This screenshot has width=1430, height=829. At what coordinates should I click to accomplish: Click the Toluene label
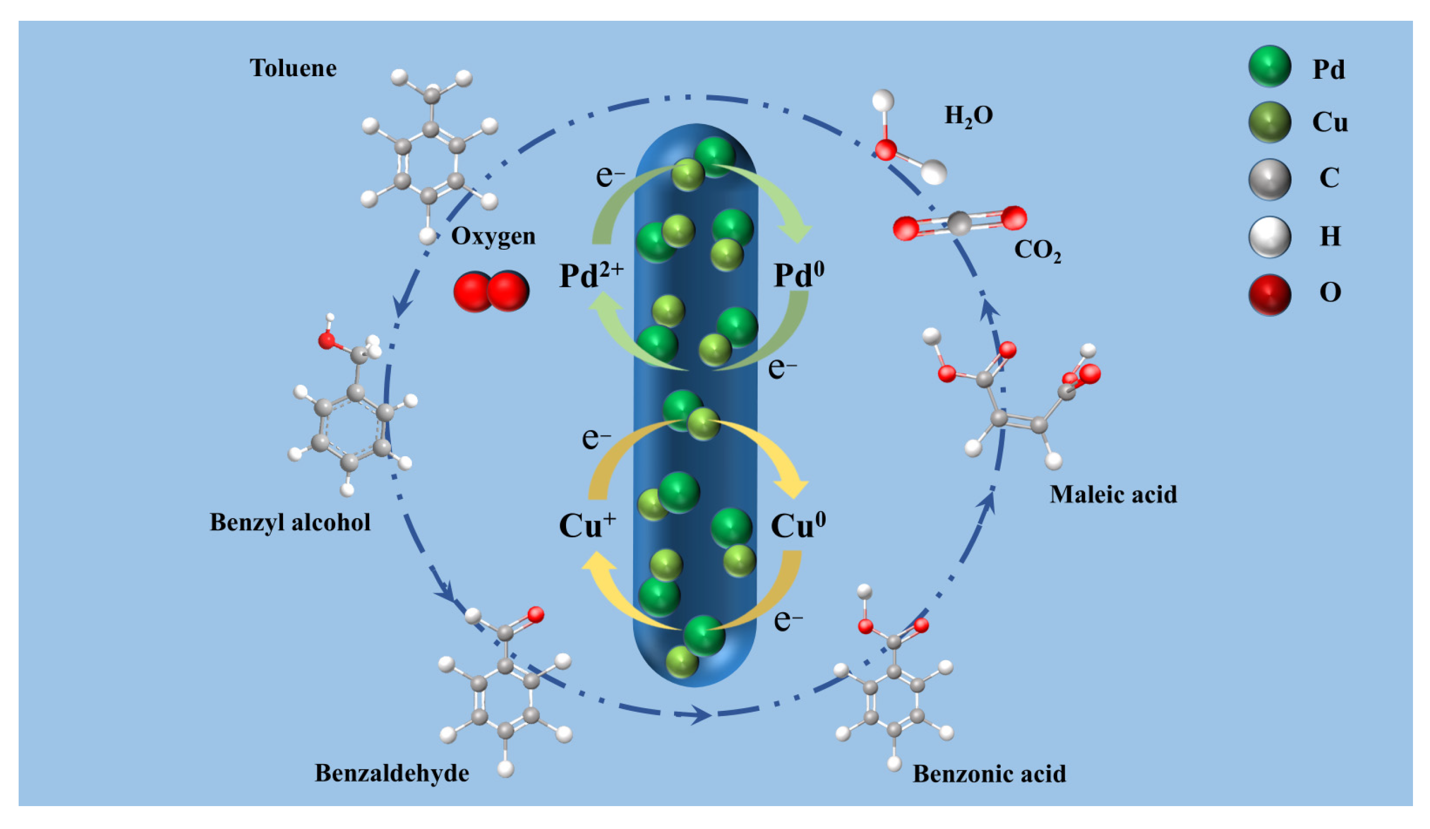pos(293,68)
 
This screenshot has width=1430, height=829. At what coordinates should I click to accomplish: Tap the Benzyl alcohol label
pos(290,522)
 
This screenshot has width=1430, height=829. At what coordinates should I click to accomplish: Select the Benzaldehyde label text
pos(392,773)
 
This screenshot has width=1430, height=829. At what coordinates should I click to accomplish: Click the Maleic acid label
pos(1113,495)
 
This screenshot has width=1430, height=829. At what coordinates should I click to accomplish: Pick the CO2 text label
pos(1037,250)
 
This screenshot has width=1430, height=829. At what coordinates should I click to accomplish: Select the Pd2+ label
pos(591,275)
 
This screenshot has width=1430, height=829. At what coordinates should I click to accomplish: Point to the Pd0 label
pos(799,275)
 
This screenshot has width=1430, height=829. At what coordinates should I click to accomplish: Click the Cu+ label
pos(587,524)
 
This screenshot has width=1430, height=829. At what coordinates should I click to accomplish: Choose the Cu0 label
pos(798,524)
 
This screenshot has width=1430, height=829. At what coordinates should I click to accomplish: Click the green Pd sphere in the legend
pos(1270,67)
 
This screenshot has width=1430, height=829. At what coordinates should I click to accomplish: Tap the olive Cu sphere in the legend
pos(1270,122)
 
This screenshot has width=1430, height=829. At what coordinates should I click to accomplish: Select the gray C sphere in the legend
pos(1270,179)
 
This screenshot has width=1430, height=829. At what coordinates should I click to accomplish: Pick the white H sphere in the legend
pos(1270,237)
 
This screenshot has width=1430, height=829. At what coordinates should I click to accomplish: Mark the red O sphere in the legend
pos(1270,294)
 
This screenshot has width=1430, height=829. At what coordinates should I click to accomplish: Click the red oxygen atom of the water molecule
pos(886,150)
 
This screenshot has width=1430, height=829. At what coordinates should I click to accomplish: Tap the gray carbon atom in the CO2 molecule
pos(960,223)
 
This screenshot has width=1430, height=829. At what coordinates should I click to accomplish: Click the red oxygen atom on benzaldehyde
pos(536,614)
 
